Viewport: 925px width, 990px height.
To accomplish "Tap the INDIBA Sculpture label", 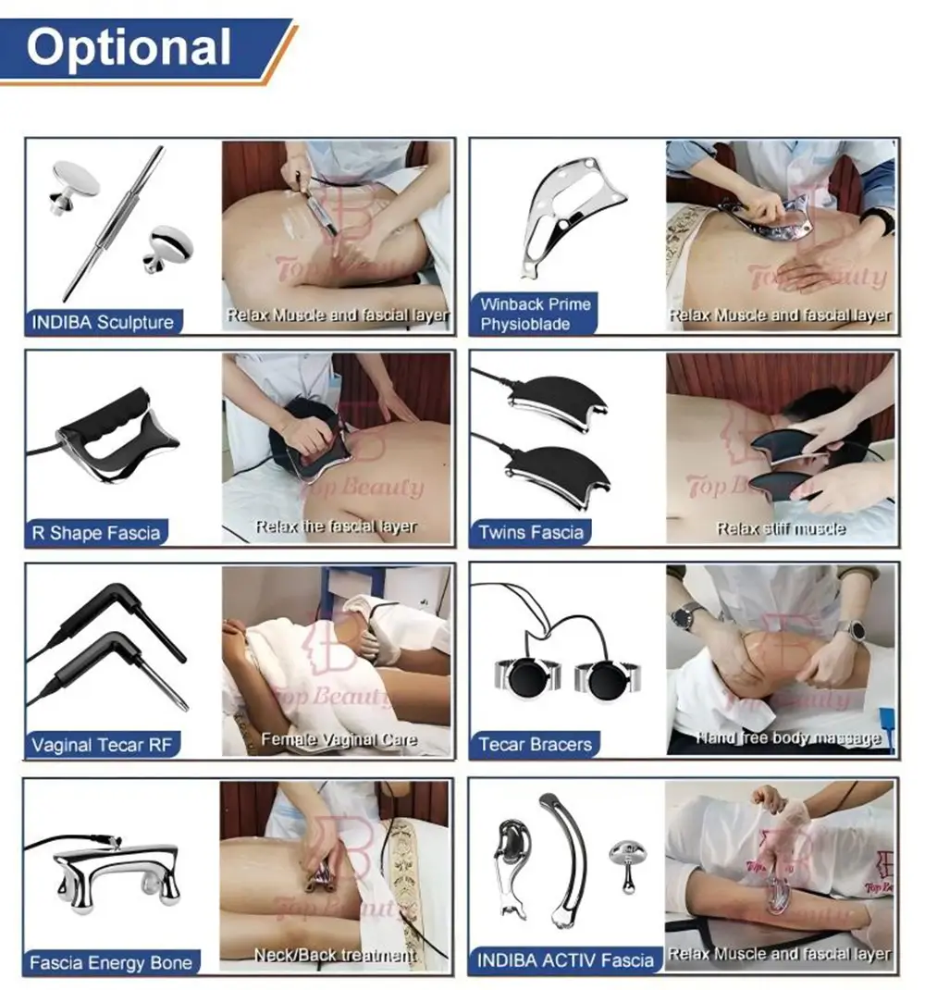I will [102, 323].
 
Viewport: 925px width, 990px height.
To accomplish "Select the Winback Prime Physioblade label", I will [535, 314].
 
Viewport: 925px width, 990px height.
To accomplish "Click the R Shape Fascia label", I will [96, 533].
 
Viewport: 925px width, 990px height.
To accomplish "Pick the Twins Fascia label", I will [531, 532].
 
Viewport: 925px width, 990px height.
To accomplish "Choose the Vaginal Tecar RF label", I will [102, 745].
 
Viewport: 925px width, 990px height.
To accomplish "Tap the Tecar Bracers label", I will [535, 744].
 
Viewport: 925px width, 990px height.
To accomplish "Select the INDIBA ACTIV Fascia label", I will [565, 960].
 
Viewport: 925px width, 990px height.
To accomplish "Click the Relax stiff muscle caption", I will [781, 529].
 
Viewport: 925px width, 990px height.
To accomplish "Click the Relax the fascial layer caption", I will [336, 526].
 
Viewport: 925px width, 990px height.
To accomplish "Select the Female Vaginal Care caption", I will [339, 739].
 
